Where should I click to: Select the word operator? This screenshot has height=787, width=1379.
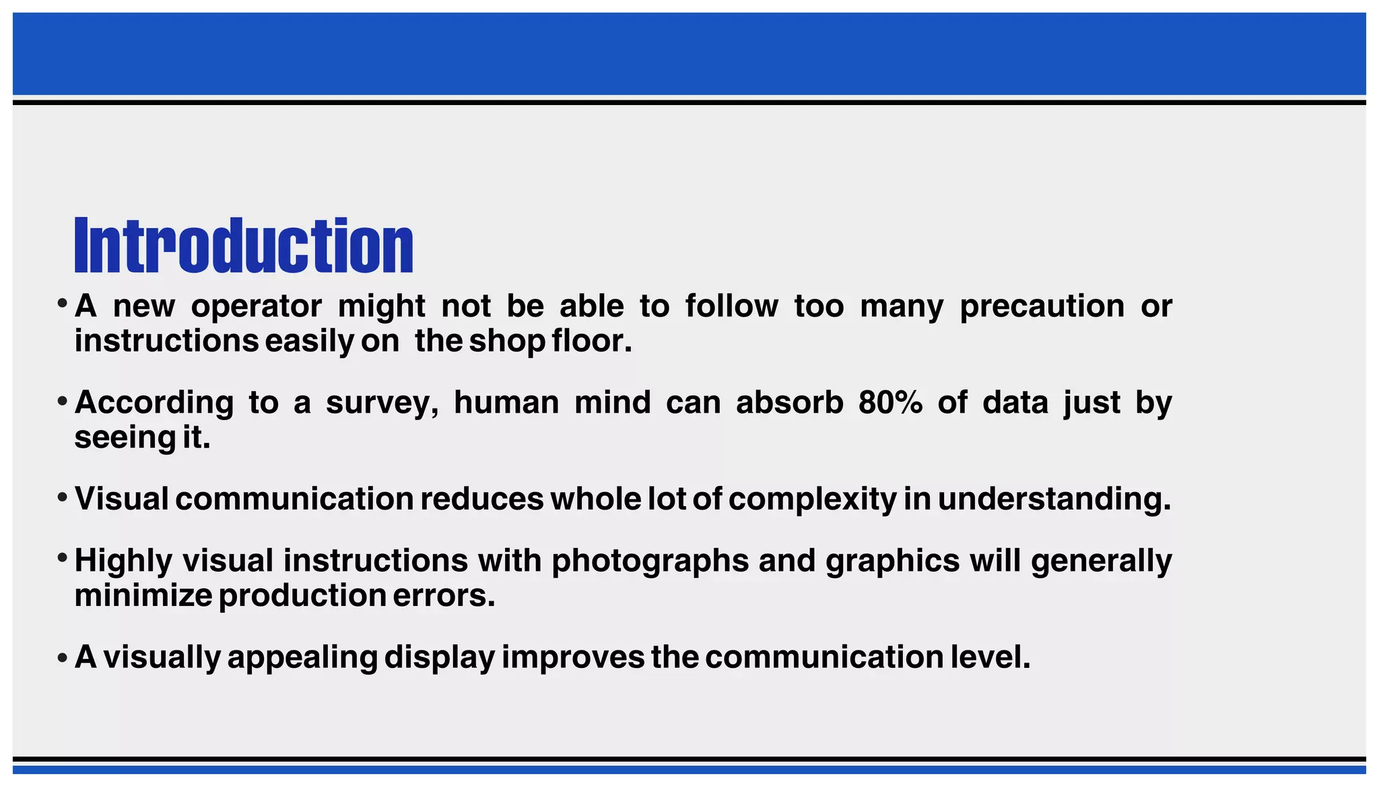coord(257,307)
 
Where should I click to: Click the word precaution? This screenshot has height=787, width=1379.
coord(1042,307)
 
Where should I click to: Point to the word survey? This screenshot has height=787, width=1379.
coord(382,403)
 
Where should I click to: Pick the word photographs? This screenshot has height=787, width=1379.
coord(650,561)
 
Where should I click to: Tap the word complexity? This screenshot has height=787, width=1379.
coord(812,500)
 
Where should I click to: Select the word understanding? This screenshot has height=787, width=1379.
coord(1054,500)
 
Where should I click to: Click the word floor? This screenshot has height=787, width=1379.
coord(592,341)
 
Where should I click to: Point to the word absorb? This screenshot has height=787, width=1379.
coord(789,403)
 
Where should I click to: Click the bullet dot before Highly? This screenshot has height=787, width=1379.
coord(62,558)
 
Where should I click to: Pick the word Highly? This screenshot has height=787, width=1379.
coord(123,561)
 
